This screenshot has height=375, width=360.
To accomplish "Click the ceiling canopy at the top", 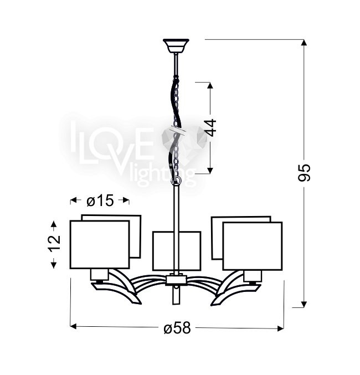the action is [176, 46].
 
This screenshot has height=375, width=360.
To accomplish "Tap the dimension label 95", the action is [304, 173].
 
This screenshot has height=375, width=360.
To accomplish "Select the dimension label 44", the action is [211, 127].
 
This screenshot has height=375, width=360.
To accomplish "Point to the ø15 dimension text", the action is [100, 201].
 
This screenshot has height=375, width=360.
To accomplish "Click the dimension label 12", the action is [54, 243].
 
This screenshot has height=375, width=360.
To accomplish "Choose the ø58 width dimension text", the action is [177, 328].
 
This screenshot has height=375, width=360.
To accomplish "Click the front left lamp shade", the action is [100, 244].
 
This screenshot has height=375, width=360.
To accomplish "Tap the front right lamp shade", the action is [253, 246].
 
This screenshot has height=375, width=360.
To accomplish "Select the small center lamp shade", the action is [177, 251].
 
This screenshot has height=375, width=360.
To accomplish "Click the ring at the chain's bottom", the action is [176, 180].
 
